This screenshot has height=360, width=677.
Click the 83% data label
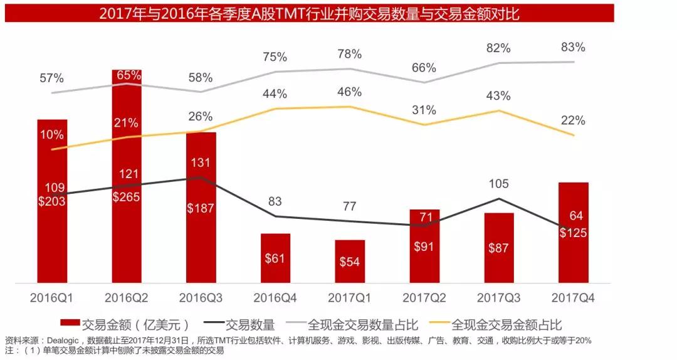pos(573,47)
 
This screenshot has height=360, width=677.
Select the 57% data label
pos(51,78)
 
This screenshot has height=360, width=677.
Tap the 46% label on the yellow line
pos(349,92)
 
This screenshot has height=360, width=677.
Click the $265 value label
pos(127,196)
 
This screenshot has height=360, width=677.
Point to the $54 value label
pos(350,262)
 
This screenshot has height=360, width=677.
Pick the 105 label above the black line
pos(499,184)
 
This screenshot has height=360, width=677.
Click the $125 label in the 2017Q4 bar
pos(573,233)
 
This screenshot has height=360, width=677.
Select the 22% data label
pos(573,120)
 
